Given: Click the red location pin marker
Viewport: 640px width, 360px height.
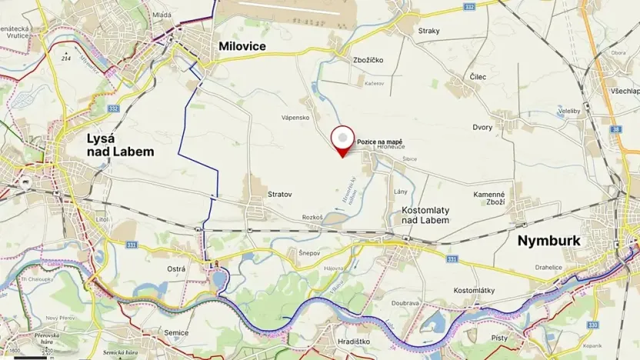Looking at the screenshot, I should pyautogui.click(x=342, y=139).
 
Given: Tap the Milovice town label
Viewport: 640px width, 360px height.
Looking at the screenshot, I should pyautogui.click(x=242, y=47).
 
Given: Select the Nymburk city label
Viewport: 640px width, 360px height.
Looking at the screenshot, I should pyautogui.click(x=548, y=241).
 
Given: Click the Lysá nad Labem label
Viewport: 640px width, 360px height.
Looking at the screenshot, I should pyautogui.click(x=120, y=145).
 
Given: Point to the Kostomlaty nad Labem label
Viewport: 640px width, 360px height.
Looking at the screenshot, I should pyautogui.click(x=425, y=215).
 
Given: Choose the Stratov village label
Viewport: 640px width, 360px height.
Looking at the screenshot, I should pyautogui.click(x=279, y=195).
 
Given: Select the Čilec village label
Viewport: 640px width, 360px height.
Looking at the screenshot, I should pyautogui.click(x=477, y=77).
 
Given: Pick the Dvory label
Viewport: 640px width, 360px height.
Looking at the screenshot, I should pyautogui.click(x=482, y=127).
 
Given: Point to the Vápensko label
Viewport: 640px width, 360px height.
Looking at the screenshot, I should pyautogui.click(x=295, y=118).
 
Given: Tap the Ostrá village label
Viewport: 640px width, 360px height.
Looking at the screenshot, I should pyautogui.click(x=176, y=268).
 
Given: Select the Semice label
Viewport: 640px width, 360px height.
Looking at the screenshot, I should pyautogui.click(x=176, y=332).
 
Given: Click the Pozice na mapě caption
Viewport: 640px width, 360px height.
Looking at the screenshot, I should pyautogui.click(x=379, y=142).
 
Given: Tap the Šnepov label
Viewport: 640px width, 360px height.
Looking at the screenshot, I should pyautogui.click(x=308, y=253).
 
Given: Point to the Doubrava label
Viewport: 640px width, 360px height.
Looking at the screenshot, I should pyautogui.click(x=404, y=302).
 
